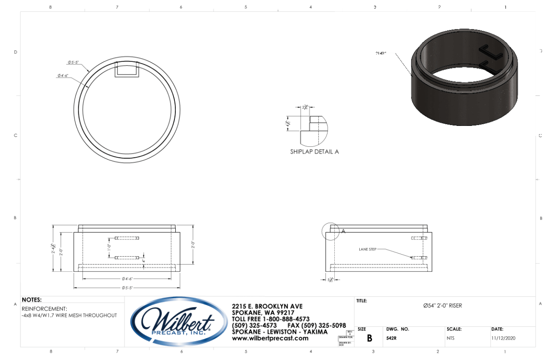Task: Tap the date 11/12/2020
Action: click(503, 338)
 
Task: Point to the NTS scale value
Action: click(450, 338)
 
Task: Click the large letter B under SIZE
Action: click(369, 338)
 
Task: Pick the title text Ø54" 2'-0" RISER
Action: click(442, 305)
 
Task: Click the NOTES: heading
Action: click(32, 300)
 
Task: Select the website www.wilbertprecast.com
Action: click(270, 338)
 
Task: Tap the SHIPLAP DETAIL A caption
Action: click(314, 152)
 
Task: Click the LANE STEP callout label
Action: click(367, 249)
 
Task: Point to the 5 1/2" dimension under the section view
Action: click(330, 280)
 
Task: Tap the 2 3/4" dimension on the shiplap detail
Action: click(305, 107)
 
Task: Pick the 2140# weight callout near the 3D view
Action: click(381, 53)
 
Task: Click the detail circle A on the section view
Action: click(330, 231)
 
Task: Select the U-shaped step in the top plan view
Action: click(127, 71)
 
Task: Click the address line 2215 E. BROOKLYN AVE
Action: click(267, 306)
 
